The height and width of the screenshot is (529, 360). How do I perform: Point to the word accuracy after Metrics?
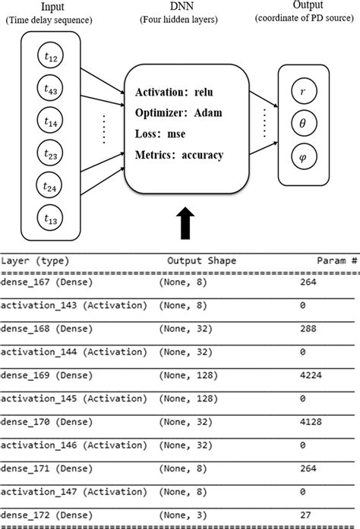(x=199, y=155)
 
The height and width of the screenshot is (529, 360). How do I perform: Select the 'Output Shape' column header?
(x=201, y=260)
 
